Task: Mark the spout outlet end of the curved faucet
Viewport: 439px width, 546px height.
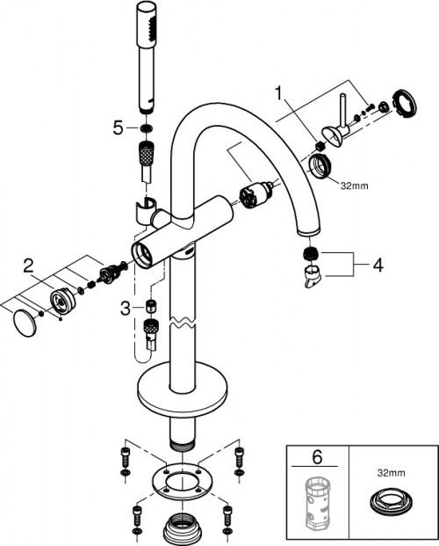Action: point(308,230)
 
